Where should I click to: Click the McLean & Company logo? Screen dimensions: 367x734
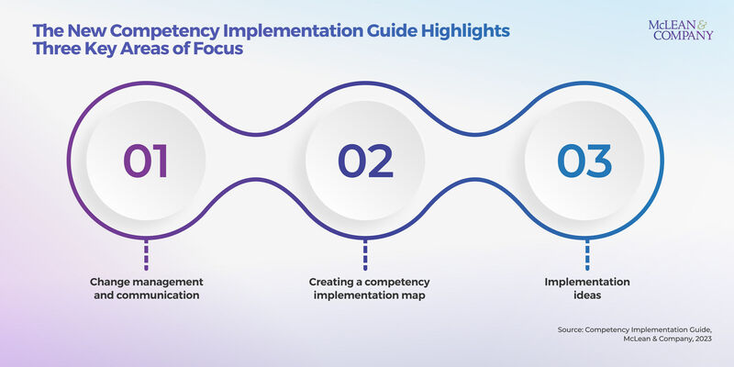(681, 29)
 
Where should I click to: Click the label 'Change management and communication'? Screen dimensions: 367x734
(146, 289)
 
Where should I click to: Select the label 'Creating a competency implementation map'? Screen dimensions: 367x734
(365, 289)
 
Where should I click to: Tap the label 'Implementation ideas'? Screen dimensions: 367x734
(584, 289)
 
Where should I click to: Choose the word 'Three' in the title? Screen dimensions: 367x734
(61, 51)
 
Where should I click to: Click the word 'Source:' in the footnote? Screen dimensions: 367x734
(573, 328)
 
